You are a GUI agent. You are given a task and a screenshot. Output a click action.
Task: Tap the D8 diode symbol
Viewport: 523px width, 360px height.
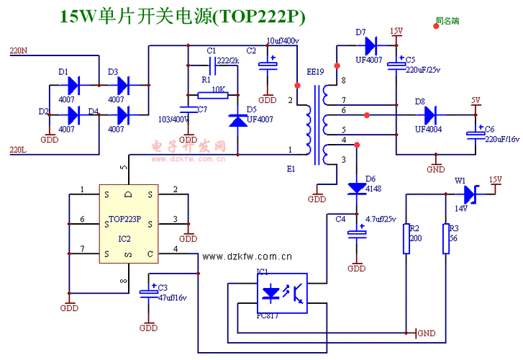click(430, 114)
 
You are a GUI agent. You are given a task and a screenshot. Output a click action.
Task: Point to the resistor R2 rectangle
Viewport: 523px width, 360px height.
click(406, 238)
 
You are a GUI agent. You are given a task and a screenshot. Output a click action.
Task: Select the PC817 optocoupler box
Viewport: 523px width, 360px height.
click(282, 292)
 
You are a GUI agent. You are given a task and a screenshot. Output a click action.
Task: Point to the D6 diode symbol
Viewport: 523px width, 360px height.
click(356, 188)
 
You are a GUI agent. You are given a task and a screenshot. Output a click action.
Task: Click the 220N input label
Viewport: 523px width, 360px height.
click(18, 51)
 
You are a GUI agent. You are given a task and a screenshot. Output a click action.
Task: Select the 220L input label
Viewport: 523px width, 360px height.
click(18, 150)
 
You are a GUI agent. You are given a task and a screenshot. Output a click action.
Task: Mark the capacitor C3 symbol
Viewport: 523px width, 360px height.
click(148, 292)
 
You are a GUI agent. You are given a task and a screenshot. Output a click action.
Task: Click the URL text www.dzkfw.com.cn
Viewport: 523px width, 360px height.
click(247, 256)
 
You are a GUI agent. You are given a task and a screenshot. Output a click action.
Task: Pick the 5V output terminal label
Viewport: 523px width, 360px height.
click(476, 99)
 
